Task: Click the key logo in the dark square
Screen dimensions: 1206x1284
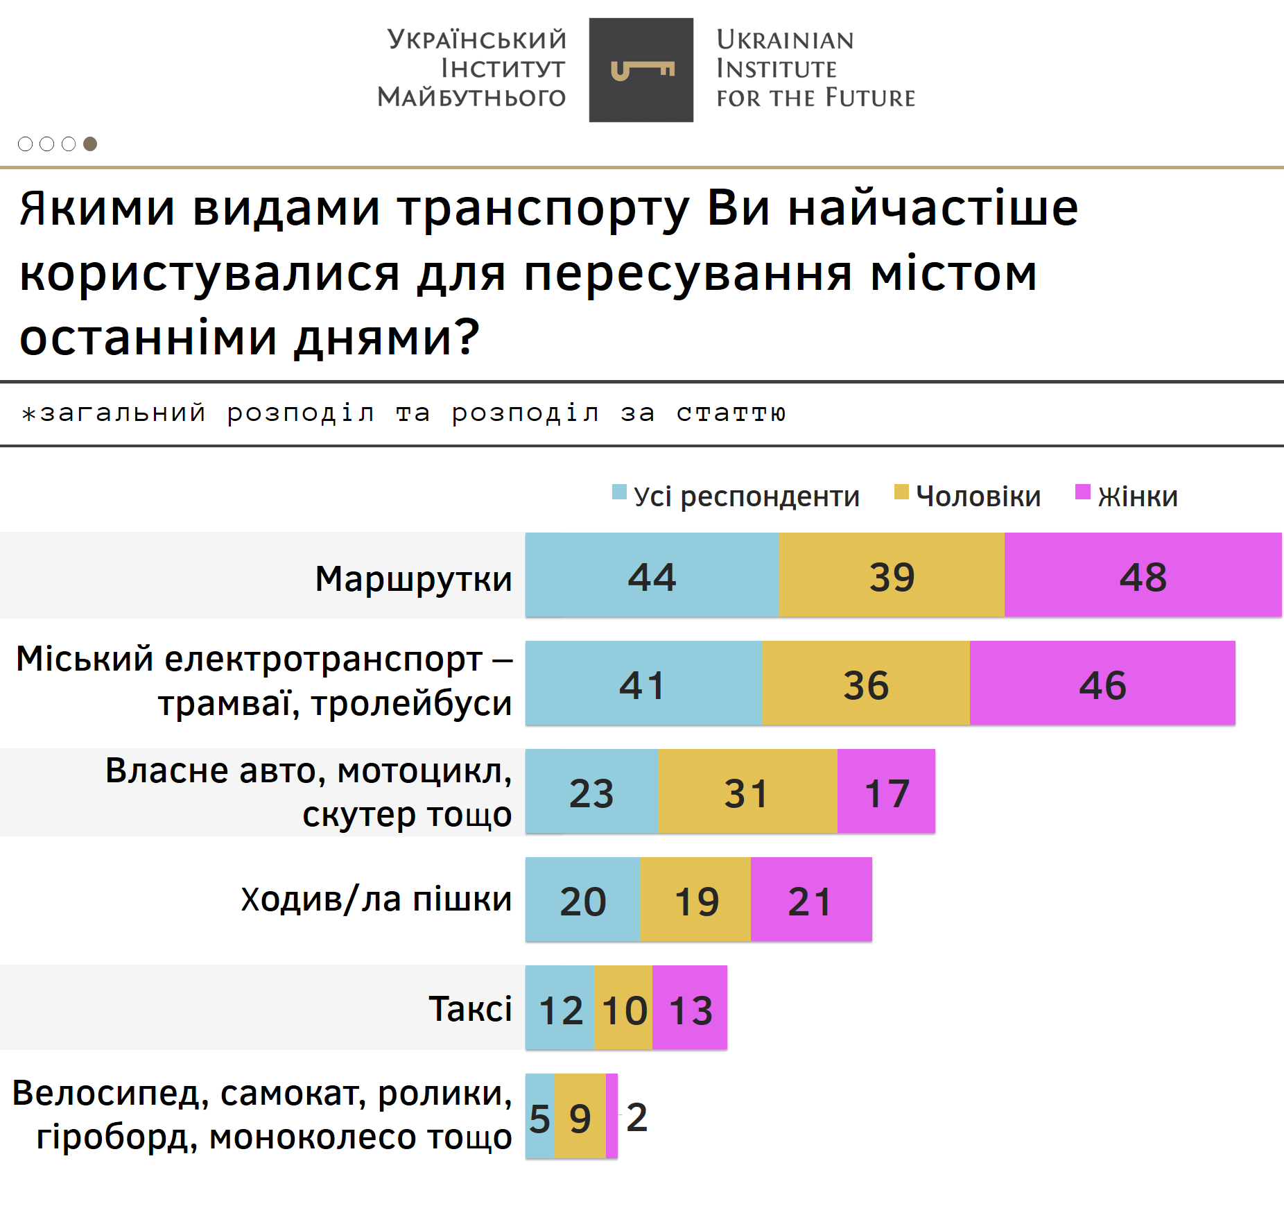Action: (642, 70)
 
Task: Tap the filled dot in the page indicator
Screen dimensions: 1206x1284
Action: (90, 144)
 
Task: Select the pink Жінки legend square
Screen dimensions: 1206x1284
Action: (1082, 492)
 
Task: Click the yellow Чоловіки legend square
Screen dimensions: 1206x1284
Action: (901, 492)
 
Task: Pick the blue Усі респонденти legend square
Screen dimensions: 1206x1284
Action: (619, 492)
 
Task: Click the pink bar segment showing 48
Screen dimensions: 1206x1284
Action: (1143, 575)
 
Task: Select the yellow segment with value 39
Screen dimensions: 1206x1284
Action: (892, 575)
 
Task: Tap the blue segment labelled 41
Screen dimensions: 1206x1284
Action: (643, 683)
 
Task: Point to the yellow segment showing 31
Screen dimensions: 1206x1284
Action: (747, 791)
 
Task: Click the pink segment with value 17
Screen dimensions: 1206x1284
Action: (886, 791)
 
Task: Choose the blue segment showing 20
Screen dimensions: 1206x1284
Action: (582, 899)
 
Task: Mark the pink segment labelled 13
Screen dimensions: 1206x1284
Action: (690, 1008)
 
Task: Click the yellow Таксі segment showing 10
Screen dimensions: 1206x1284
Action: (623, 1008)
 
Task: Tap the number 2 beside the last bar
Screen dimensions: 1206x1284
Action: (636, 1117)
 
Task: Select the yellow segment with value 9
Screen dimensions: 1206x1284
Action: (580, 1117)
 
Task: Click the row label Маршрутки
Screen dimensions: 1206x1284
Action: (413, 578)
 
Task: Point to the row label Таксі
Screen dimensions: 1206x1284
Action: (470, 1008)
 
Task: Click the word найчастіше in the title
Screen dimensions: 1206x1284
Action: (933, 208)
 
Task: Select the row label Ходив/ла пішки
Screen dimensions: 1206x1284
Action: (376, 899)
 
